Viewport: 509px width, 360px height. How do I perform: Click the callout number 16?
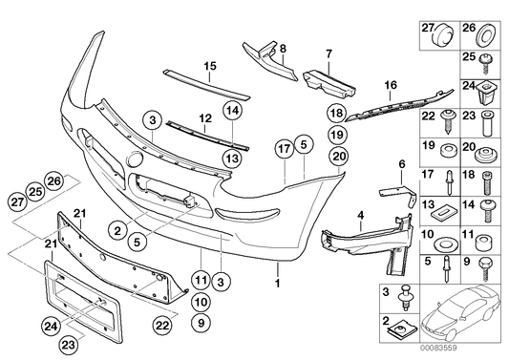pyautogui.click(x=391, y=85)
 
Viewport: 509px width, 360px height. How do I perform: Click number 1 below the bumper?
pyautogui.click(x=277, y=284)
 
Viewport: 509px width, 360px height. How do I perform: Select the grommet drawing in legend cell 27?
pyautogui.click(x=439, y=38)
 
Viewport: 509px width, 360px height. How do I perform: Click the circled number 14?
pyautogui.click(x=232, y=112)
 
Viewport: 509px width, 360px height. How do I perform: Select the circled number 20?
pyautogui.click(x=338, y=156)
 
